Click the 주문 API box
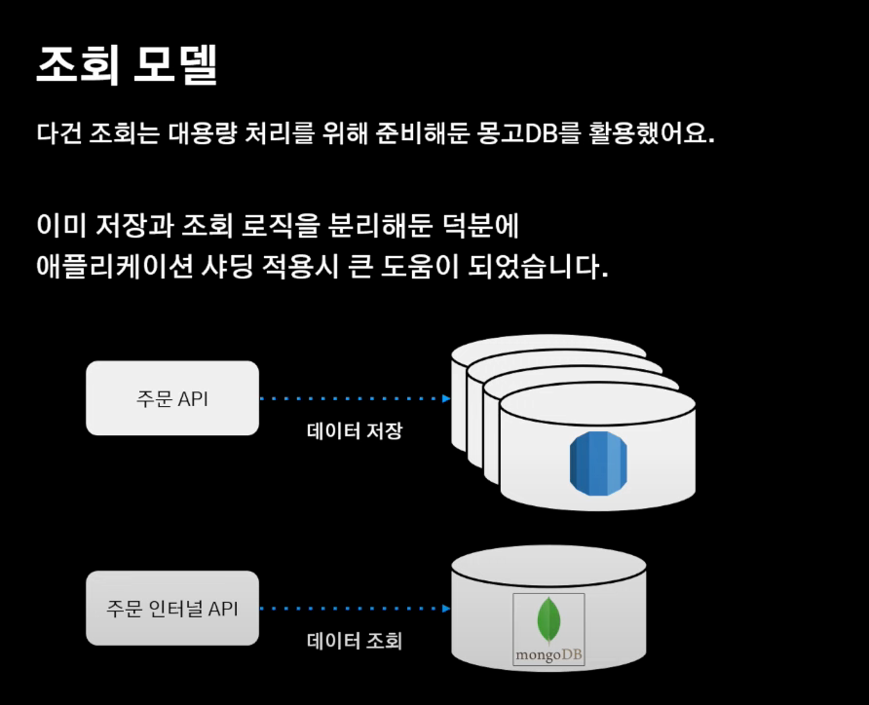point(172,398)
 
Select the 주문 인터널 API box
point(172,609)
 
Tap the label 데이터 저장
point(355,431)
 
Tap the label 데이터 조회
point(355,641)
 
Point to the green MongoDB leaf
point(548,619)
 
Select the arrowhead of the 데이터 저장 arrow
point(446,398)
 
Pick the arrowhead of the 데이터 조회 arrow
point(446,609)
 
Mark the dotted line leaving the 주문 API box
point(351,398)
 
